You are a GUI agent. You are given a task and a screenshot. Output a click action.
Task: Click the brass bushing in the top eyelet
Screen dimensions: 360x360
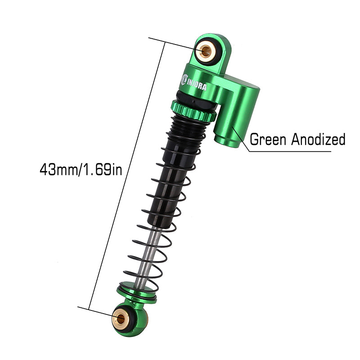coord(206,51)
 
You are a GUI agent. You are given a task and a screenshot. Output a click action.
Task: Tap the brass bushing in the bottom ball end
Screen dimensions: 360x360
coord(121,319)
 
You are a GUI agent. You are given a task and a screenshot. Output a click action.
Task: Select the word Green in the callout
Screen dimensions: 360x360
coord(269,139)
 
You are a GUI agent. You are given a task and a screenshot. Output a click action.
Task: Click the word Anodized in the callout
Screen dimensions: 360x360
coord(318,139)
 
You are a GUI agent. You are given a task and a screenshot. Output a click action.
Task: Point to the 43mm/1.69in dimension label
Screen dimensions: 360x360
coord(81,170)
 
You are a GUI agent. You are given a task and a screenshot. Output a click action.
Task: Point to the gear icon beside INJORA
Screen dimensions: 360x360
coord(184,80)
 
